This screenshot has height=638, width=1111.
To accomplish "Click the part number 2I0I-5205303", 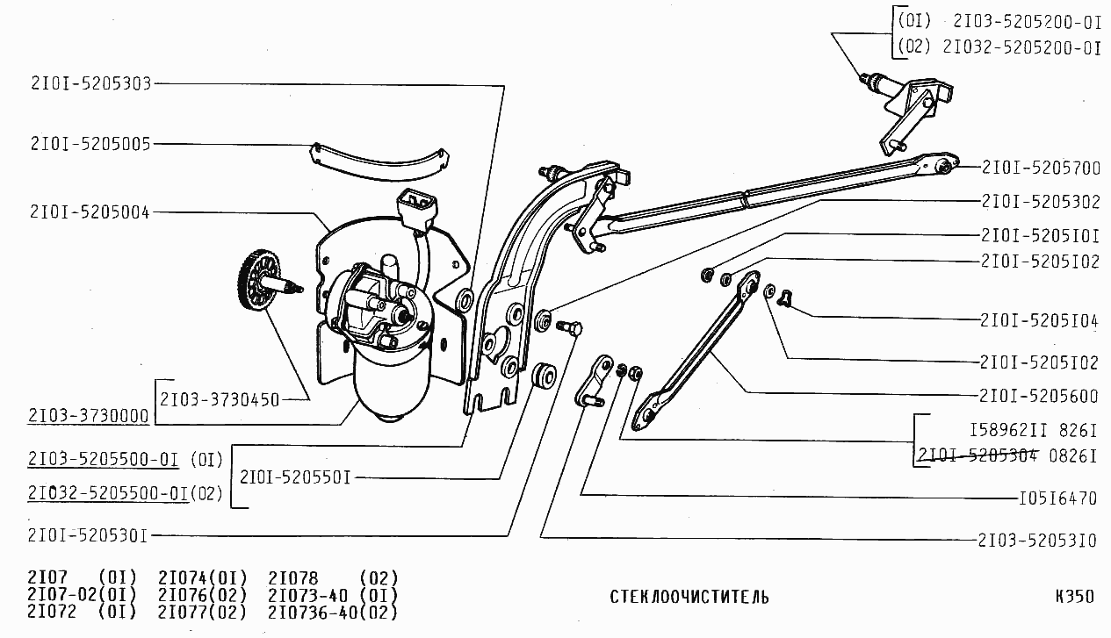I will pyautogui.click(x=90, y=84).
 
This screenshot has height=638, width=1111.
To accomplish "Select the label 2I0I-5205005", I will pyautogui.click(x=90, y=143).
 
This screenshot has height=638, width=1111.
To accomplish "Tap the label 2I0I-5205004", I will pyautogui.click(x=90, y=211).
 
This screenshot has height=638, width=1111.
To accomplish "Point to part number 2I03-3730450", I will pyautogui.click(x=220, y=400).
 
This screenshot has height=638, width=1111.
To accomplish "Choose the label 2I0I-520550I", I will pyautogui.click(x=296, y=478).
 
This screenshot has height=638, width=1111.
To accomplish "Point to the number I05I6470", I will pyautogui.click(x=1057, y=498).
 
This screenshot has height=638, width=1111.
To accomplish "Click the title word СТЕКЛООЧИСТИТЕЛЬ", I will pyautogui.click(x=689, y=598).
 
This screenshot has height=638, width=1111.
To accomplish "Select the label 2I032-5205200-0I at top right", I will pyautogui.click(x=1021, y=48).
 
